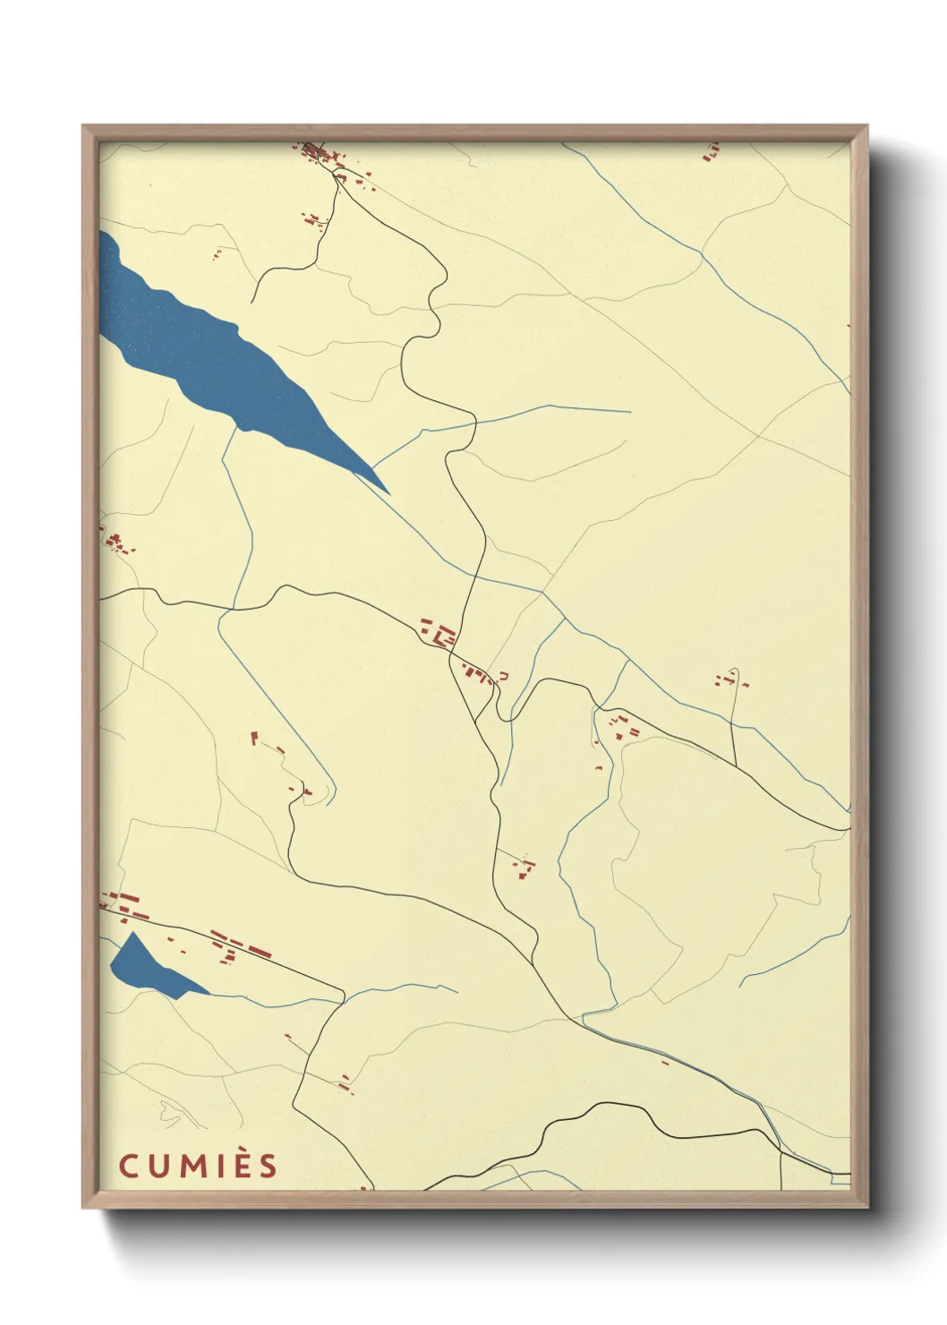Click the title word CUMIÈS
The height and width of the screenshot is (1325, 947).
pos(198,1166)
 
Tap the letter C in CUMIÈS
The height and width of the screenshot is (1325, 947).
pos(128,1166)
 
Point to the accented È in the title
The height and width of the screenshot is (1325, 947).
pos(241,1165)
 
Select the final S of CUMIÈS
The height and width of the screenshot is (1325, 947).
pos(268,1166)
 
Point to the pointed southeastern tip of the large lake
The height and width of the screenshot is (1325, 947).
pos(388,492)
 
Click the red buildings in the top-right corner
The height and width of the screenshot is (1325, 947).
pos(712,152)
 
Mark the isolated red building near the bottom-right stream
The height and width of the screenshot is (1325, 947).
pos(665,1063)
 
